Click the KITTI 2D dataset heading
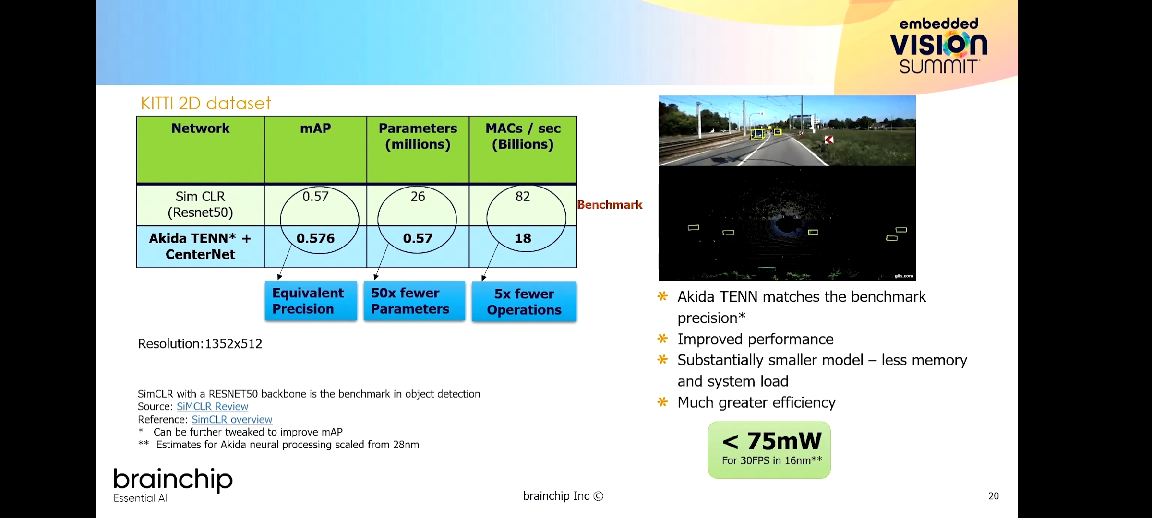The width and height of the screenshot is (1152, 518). tap(205, 103)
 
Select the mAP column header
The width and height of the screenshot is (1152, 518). tap(315, 129)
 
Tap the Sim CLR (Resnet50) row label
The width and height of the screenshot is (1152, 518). tap(200, 204)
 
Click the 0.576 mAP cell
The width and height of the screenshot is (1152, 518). tap(315, 238)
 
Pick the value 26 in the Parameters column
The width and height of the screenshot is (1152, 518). tap(418, 197)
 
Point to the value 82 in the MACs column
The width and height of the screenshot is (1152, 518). tap(523, 197)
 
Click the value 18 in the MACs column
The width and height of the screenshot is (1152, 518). tap(523, 238)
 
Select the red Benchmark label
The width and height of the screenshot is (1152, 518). tap(610, 205)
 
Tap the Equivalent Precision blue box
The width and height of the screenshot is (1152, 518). tap(311, 301)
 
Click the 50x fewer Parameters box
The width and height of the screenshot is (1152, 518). tap(414, 301)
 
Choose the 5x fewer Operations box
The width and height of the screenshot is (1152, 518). tap(524, 302)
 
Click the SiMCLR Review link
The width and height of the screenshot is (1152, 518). tap(212, 407)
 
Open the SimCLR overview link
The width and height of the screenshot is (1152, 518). tap(232, 420)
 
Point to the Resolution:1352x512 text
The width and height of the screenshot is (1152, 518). tap(200, 344)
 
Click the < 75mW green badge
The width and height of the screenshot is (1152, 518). tap(769, 450)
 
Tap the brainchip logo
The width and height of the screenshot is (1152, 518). tap(173, 485)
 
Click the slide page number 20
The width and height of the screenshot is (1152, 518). tap(994, 496)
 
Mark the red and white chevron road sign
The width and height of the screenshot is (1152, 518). tap(829, 140)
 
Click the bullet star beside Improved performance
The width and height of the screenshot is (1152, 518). tap(662, 339)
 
